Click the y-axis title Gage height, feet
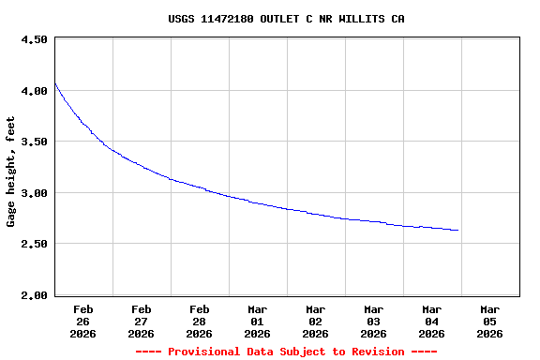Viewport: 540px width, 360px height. click(x=11, y=172)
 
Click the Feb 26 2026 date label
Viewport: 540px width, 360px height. click(x=83, y=321)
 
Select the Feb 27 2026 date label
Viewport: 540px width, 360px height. click(x=142, y=321)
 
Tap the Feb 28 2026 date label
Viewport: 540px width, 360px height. click(x=200, y=321)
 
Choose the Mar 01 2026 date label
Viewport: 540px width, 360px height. click(x=258, y=321)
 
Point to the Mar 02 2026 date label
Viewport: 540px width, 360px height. click(x=316, y=321)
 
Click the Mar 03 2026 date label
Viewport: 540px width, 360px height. click(x=374, y=321)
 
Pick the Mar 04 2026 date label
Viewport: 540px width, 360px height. click(x=432, y=321)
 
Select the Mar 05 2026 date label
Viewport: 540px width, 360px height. click(x=490, y=321)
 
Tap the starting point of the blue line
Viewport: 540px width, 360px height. click(x=55, y=84)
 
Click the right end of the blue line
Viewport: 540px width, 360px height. click(x=457, y=230)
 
